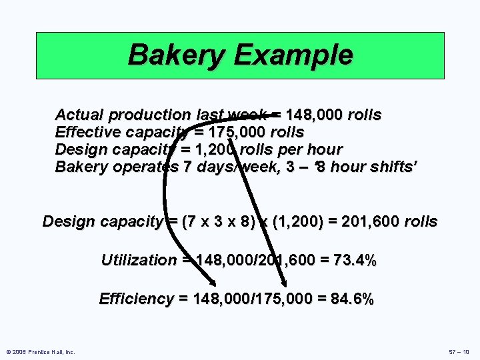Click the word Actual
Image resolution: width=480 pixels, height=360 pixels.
[77, 115]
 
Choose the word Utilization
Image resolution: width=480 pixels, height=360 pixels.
[139, 260]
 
